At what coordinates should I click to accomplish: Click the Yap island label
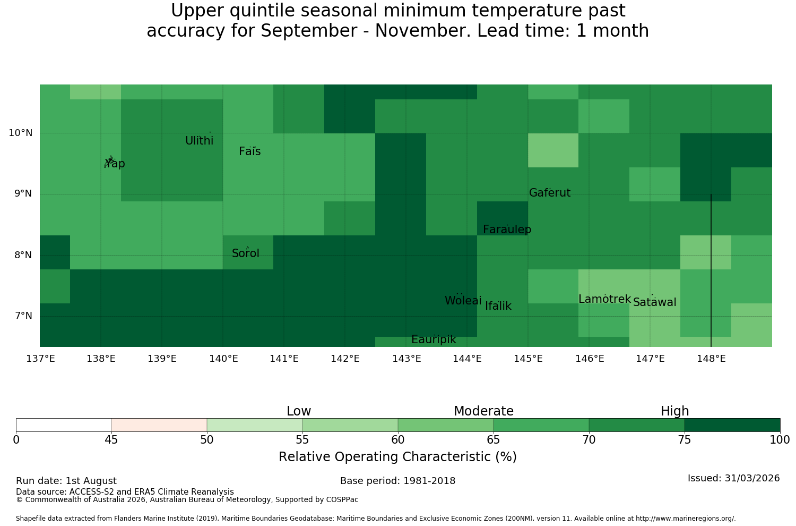[115, 163]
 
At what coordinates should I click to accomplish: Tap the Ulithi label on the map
[200, 141]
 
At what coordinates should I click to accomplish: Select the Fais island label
[250, 151]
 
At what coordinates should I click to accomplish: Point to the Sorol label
[246, 253]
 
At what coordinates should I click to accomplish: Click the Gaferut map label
[550, 192]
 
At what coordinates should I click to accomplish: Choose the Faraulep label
[507, 230]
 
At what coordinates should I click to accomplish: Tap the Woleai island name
[463, 300]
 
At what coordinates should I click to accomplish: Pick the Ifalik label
[498, 306]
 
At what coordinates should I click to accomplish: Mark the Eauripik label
[434, 340]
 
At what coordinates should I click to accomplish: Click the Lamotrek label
[605, 299]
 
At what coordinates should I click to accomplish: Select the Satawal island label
[654, 302]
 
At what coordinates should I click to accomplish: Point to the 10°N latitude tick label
[21, 133]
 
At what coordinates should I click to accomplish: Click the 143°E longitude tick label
[406, 359]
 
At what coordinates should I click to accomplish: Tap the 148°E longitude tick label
[711, 359]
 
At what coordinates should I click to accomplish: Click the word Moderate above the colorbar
[483, 411]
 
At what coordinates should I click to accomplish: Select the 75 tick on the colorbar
[685, 440]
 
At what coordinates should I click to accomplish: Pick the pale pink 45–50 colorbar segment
[159, 425]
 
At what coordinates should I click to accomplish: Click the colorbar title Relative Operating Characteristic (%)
[397, 456]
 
